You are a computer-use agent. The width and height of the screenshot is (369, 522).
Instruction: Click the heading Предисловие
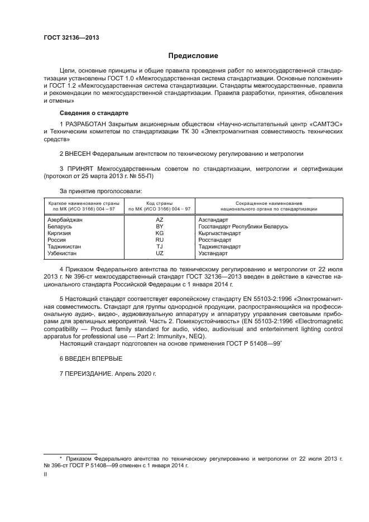(193, 56)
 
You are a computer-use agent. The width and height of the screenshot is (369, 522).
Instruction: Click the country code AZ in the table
(159, 221)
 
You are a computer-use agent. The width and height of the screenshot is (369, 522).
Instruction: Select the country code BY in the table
(159, 227)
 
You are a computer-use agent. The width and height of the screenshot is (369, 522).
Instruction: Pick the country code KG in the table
(159, 233)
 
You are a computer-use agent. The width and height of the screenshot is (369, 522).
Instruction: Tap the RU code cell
(159, 240)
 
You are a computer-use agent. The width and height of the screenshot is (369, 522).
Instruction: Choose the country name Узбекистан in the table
(63, 253)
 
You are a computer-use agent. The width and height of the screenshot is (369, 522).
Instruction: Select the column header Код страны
(159, 203)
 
